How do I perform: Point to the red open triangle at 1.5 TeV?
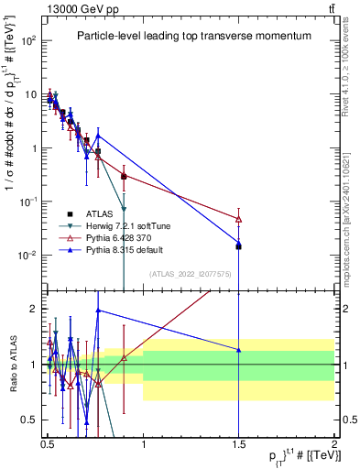pos(238,219)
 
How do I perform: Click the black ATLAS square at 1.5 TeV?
pos(238,246)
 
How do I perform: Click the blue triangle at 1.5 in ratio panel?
pos(238,350)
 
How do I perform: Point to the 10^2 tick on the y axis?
pos(29,41)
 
